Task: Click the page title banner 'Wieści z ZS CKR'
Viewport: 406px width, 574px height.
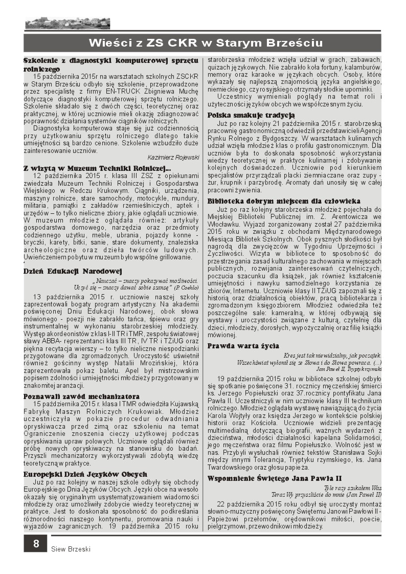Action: (203, 42)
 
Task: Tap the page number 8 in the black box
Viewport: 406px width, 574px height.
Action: (36, 543)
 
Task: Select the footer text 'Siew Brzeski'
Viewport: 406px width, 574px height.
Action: (71, 549)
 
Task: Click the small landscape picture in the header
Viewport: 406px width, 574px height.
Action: (67, 23)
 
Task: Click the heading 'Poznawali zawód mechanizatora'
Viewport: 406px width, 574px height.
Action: (81, 396)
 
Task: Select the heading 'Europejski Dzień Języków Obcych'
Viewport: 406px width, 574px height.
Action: (85, 474)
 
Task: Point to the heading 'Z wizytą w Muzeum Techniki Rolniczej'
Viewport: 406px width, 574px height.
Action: (97, 167)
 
